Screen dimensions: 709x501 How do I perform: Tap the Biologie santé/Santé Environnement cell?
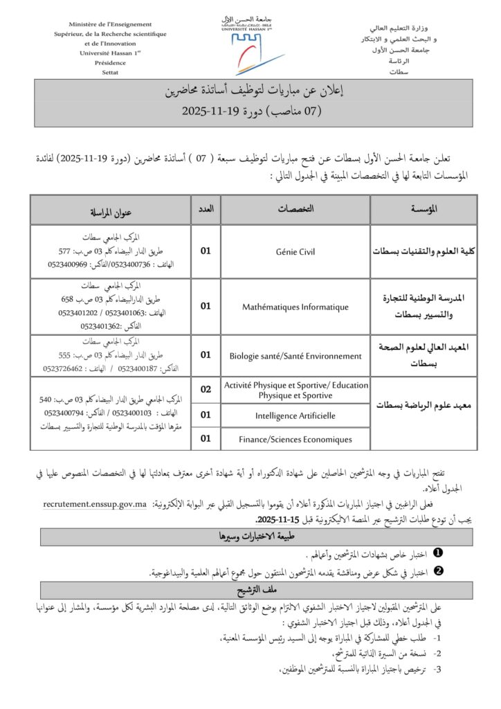[x=295, y=356]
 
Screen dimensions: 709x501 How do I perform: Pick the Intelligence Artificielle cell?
[x=295, y=415]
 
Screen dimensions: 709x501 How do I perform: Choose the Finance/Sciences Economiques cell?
[x=295, y=438]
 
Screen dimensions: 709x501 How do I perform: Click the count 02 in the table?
[x=206, y=390]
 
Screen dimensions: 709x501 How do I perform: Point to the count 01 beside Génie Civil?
[x=206, y=251]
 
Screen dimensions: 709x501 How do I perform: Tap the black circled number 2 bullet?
[x=437, y=572]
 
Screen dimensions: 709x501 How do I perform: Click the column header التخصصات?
[x=295, y=209]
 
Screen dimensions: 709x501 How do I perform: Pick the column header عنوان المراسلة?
[x=111, y=210]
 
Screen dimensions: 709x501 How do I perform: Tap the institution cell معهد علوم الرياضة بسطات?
[x=424, y=406]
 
